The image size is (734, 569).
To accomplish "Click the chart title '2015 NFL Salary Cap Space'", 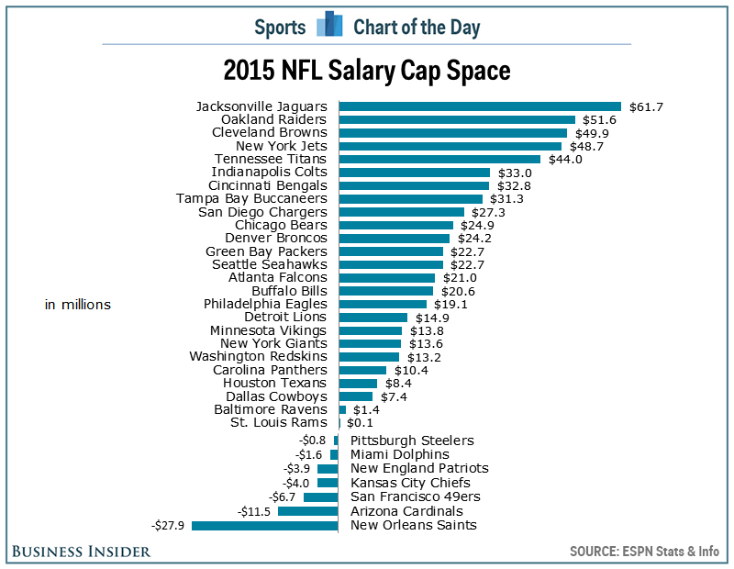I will coord(367,71).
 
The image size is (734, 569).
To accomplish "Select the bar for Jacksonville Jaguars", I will coord(480,106).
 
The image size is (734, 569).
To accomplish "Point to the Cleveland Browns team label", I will coord(269,132).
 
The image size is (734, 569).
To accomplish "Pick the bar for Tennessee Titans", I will coord(439,159).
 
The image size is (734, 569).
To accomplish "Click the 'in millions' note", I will coord(78,304).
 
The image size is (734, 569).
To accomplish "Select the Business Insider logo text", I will coord(82,551).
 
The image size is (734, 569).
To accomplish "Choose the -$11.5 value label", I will coord(255,511).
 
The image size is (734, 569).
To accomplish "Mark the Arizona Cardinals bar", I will coord(308,511).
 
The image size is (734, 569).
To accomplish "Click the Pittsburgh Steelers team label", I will coord(412,441).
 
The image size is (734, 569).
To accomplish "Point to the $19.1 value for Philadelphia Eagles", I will coord(450,304).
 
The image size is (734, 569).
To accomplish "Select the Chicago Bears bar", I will coord(396,225).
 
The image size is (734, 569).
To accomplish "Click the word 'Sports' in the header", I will coord(280,27).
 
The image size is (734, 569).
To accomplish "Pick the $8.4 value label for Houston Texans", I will coord(396,383).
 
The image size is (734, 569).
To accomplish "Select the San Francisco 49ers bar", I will coord(321,496).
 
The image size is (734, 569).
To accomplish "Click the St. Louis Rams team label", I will coord(278,422).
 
